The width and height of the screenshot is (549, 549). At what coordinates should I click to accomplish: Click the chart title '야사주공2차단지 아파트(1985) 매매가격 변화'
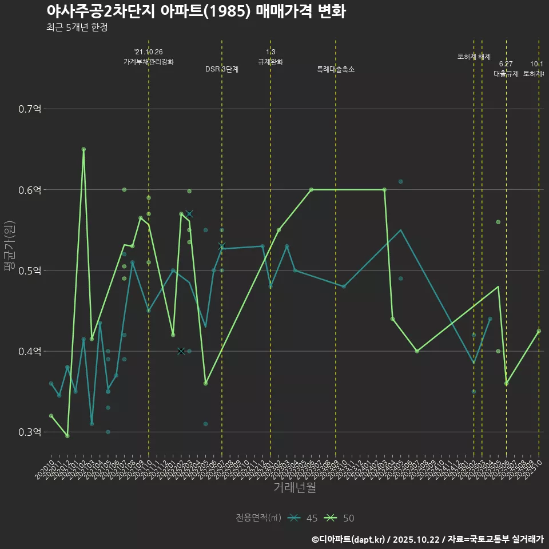pos(196,11)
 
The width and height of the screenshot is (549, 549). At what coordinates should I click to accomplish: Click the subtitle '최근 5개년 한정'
pos(77,27)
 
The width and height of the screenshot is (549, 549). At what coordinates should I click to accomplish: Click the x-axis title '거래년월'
pos(295,488)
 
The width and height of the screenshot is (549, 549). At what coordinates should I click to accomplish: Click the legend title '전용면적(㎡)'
pos(258,518)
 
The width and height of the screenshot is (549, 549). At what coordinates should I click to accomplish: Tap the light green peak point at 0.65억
pos(83,149)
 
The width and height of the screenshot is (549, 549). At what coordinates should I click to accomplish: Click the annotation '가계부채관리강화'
pos(149,61)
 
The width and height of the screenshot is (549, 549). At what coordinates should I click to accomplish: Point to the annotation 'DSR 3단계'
pos(222,69)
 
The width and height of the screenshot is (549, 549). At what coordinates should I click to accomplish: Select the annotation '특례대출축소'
pos(336,69)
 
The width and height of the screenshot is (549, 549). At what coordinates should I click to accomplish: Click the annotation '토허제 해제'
pos(474,57)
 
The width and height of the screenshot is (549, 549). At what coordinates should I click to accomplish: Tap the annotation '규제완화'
pos(270,61)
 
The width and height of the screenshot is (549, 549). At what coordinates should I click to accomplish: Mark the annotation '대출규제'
pos(506,74)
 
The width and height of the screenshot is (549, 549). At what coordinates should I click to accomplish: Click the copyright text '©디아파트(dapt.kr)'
pos(349,539)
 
